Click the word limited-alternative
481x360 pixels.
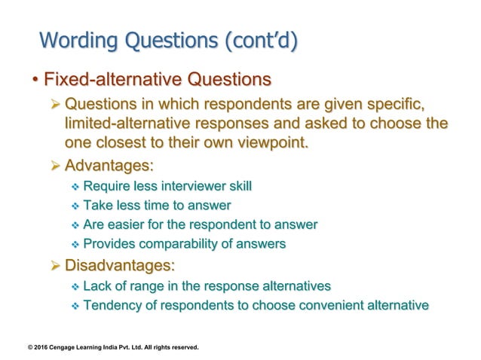(137, 123)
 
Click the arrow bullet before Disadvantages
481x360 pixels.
(54, 266)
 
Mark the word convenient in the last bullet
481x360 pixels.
(329, 305)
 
